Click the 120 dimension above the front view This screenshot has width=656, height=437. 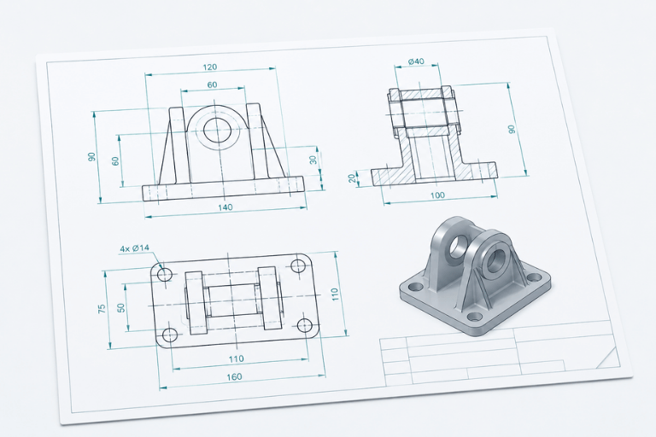210,67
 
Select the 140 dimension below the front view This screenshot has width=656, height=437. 225,207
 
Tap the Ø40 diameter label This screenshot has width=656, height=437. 416,61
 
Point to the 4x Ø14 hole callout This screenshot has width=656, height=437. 135,248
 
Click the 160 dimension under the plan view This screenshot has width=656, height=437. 234,376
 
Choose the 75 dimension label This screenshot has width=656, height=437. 102,309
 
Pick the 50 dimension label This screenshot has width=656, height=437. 121,308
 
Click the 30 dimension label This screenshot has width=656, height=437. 313,160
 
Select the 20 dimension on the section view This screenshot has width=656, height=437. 353,178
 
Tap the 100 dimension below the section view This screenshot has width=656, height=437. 437,195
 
